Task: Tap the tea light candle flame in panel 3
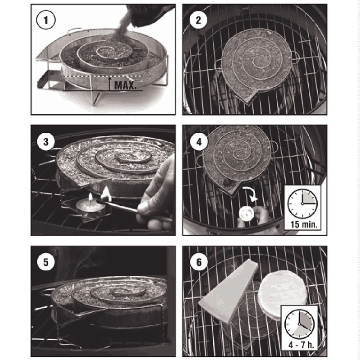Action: pos(91,197)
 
